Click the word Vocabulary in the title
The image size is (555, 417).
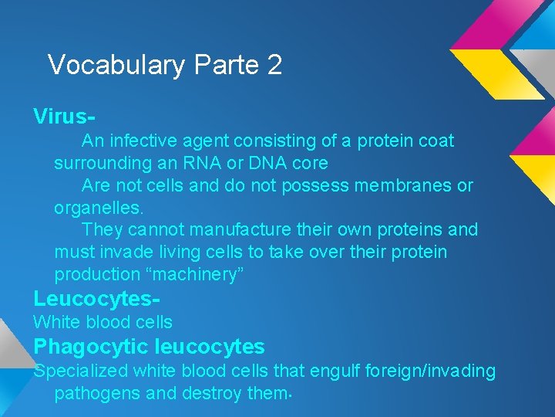[x=116, y=65]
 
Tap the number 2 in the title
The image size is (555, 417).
[x=274, y=65]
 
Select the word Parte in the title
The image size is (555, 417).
[x=227, y=65]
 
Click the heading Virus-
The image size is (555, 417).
[x=64, y=117]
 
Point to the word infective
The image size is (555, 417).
[x=143, y=141]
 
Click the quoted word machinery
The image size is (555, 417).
[x=193, y=275]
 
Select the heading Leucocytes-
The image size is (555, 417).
[x=96, y=299]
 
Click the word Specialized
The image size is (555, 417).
[x=80, y=371]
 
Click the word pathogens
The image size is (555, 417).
[x=97, y=393]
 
